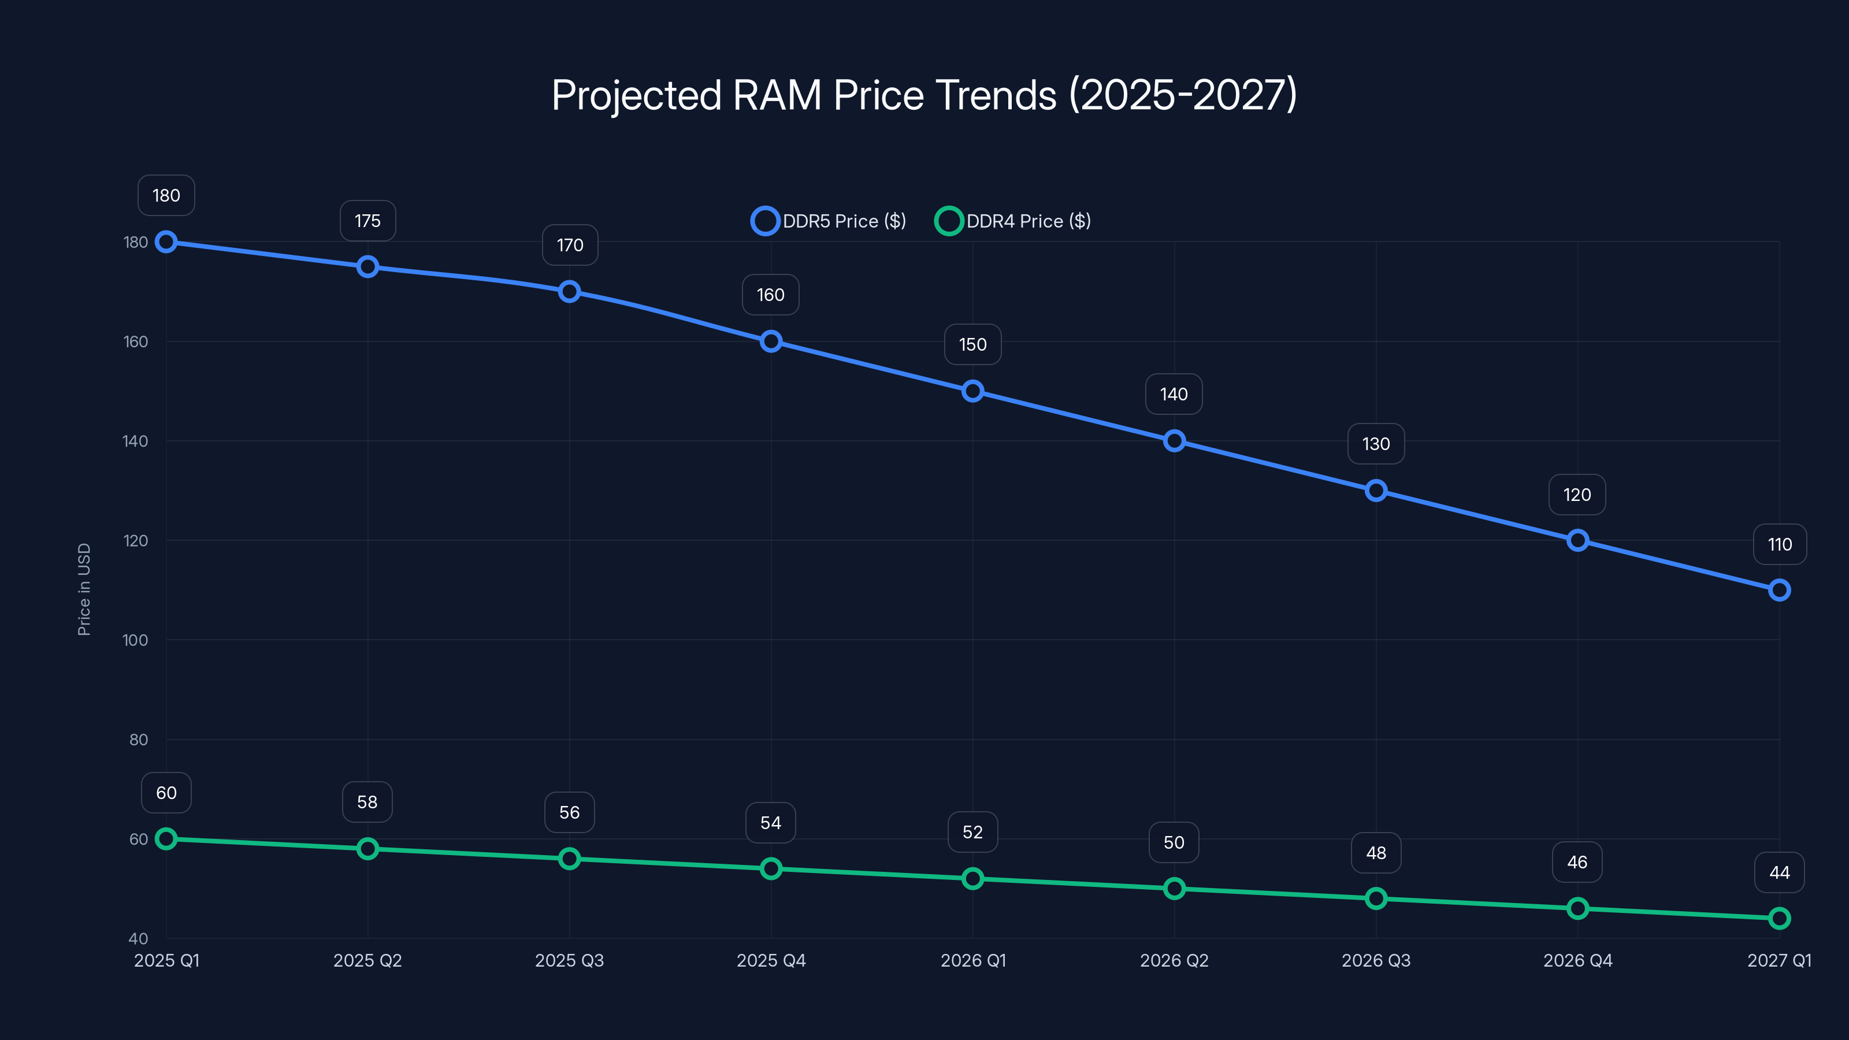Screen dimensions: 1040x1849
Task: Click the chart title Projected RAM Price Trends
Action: coord(924,95)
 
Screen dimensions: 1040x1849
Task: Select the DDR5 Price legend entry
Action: coord(829,221)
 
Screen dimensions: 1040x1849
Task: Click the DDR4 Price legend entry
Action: coord(1013,221)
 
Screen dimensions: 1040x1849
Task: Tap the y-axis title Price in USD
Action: coord(84,589)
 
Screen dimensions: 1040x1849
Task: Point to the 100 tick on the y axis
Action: coord(135,640)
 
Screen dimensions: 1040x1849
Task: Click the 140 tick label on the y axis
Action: coord(135,441)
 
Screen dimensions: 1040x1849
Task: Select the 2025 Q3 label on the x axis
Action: coord(569,960)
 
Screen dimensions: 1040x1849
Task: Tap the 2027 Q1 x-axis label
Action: coord(1779,960)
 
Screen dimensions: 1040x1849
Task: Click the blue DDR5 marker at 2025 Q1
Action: coord(166,242)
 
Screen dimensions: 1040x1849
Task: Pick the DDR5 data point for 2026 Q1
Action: coord(972,391)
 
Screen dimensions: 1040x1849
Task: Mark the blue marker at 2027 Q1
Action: coord(1779,590)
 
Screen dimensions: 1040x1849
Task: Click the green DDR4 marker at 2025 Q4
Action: coord(771,868)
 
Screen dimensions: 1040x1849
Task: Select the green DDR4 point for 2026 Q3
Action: coord(1376,898)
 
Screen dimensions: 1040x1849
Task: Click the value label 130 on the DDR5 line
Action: coord(1376,444)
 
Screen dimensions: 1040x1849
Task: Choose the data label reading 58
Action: coord(367,802)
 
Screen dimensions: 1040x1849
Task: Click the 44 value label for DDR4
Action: coord(1779,873)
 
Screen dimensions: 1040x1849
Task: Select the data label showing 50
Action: coord(1174,842)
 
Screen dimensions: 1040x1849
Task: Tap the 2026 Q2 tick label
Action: coord(1174,960)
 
